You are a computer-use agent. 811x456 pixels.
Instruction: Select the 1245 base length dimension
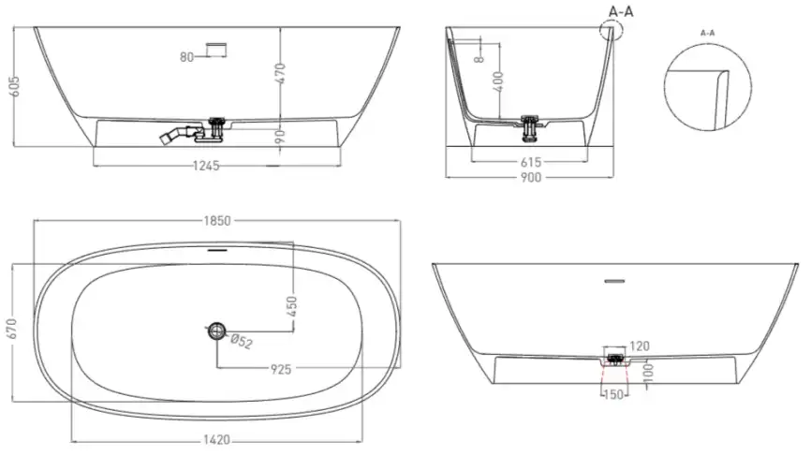(204, 166)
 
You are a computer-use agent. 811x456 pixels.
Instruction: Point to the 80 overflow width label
(186, 57)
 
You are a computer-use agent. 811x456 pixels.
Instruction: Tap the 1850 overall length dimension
(216, 220)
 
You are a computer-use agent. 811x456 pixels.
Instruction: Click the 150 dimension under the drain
(613, 395)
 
